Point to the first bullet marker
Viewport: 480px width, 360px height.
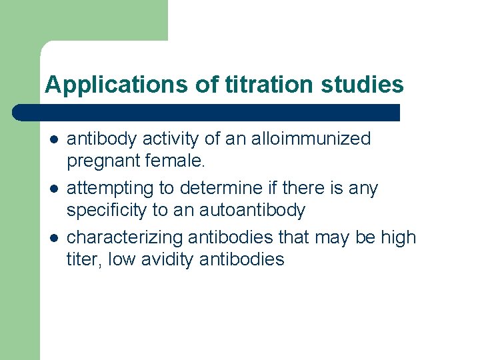point(53,139)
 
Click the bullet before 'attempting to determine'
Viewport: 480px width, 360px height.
point(53,189)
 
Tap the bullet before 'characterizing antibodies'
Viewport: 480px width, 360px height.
point(53,238)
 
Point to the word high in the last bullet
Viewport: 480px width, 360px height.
point(397,237)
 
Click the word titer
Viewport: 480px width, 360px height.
point(82,259)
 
